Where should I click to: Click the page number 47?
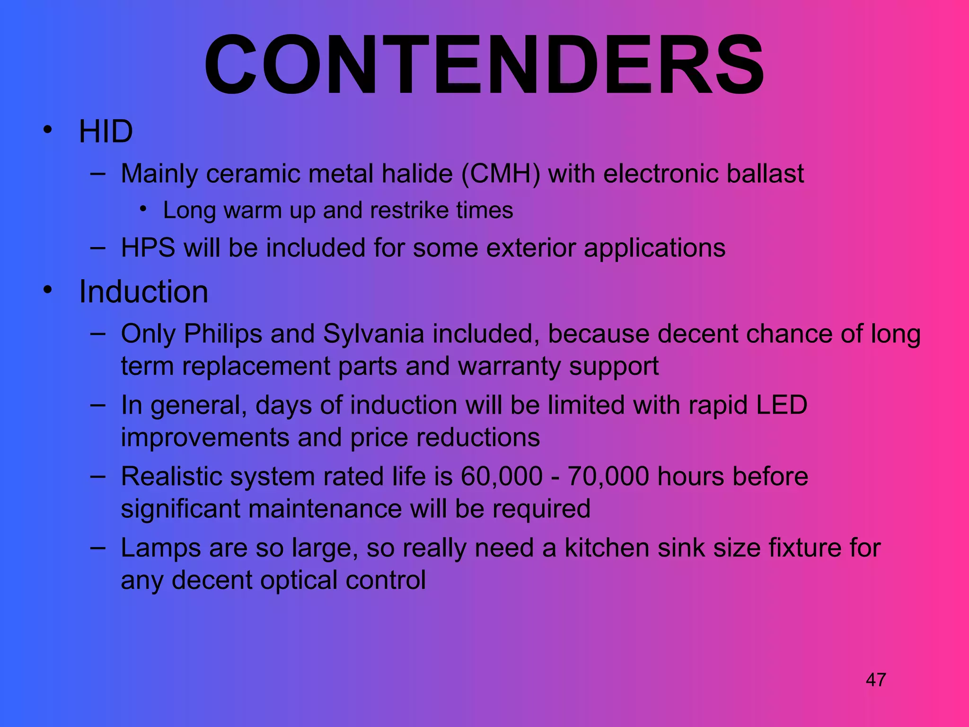coord(876,680)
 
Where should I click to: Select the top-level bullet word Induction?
coord(143,292)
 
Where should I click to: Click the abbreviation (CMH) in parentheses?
coord(501,174)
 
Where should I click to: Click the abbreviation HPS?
coord(148,248)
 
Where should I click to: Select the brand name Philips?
coord(223,334)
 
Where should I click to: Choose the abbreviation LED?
coord(781,405)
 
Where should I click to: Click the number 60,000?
coord(502,476)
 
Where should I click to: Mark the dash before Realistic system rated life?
coord(97,475)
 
